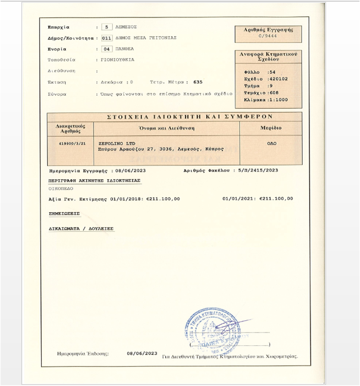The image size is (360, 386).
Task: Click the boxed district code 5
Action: coord(106,27)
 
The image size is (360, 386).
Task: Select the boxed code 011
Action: coord(106,38)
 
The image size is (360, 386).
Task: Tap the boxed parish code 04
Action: coord(106,49)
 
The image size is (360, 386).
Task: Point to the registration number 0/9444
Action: coord(269,36)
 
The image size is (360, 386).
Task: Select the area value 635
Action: coord(198,82)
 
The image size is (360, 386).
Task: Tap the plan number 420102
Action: coord(277,79)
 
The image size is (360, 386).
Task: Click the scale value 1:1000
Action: coord(277,100)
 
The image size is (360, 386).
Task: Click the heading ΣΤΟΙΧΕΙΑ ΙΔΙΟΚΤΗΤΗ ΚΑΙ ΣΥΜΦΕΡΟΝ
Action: coord(174,117)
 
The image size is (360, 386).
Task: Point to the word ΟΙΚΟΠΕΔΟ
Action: coord(61,189)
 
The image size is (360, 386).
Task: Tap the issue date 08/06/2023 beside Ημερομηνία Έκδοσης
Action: coord(142,353)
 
